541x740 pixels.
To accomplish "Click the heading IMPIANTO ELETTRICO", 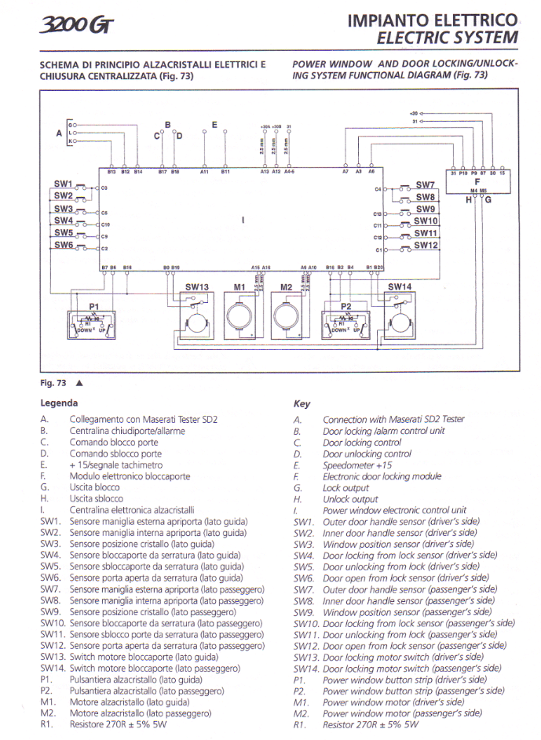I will pos(433,21).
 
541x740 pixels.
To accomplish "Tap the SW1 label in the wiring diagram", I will pos(63,184).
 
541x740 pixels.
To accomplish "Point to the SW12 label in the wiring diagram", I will pos(426,246).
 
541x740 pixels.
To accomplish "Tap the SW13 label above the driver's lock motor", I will pos(197,287).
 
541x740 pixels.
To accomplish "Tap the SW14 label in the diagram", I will pos(400,287).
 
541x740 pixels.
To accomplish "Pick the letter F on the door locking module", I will pos(477,181).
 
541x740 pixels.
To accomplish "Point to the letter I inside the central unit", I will pos(244,221).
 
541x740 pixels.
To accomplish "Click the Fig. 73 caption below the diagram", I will pos(53,383).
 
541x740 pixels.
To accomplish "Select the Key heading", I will pos(302,404).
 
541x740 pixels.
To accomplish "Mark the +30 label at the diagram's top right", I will pos(415,113).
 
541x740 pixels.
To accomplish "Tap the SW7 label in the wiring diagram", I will pos(425,185).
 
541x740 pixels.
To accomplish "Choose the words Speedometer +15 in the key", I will pos(357,465).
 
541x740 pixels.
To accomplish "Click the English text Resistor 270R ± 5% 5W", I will pos(371,725).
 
